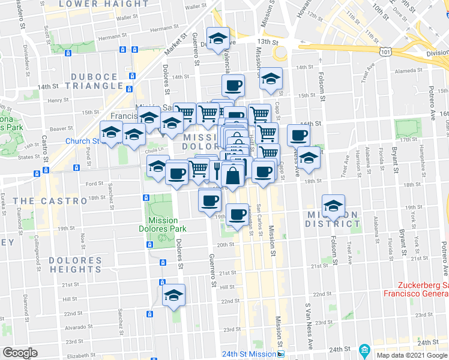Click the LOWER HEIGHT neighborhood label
pyautogui.click(x=112, y=4)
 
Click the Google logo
pyautogui.click(x=20, y=353)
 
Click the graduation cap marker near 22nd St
pyautogui.click(x=174, y=295)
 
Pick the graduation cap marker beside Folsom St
pyautogui.click(x=333, y=206)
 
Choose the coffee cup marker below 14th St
pyautogui.click(x=234, y=85)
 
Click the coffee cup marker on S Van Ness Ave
pyautogui.click(x=298, y=135)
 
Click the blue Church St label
pyautogui.click(x=82, y=142)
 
